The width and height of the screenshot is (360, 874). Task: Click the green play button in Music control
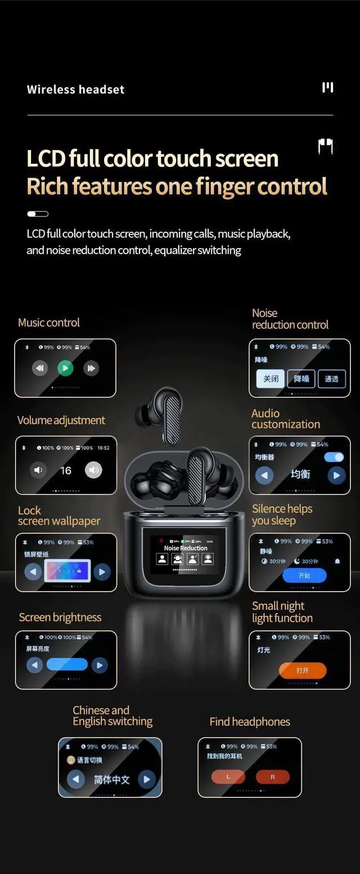pos(65,368)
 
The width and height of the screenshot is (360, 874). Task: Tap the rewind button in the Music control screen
pos(39,368)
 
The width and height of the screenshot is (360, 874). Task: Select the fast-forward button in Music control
pos(91,368)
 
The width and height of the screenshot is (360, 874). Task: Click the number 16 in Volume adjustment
pos(66,470)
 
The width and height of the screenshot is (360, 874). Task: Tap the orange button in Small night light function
pos(302,670)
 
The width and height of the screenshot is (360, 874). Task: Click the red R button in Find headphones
pos(272,777)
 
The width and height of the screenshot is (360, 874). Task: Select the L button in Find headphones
pos(228,777)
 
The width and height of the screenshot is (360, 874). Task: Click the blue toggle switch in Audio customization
pos(334,457)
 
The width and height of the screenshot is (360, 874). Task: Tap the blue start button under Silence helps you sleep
pos(304,575)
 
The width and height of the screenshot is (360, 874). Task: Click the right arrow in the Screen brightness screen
pos(100,665)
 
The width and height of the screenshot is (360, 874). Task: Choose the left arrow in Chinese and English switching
pos(76,779)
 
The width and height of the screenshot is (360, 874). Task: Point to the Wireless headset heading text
pos(75,89)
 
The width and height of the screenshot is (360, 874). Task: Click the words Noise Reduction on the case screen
pos(186,548)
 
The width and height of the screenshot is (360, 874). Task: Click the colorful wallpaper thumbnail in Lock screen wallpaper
pos(67,571)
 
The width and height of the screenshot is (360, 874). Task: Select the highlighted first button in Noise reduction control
pos(271,379)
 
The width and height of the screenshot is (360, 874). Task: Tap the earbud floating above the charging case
pos(159,407)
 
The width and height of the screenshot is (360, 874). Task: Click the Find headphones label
pos(250,722)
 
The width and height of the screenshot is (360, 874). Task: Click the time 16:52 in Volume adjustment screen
pos(103,448)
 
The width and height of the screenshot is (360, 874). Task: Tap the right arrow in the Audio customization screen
pos(336,475)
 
